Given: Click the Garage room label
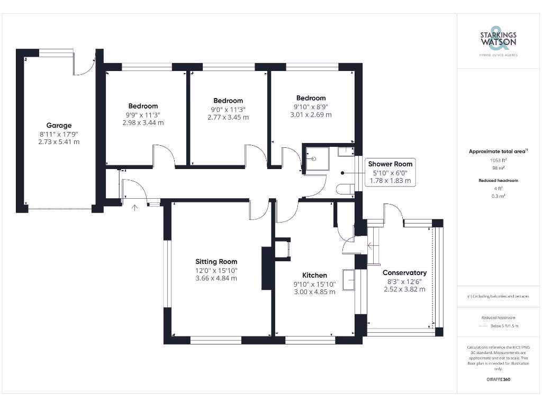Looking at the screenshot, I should click(59, 126).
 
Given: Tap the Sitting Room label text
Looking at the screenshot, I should click(216, 261).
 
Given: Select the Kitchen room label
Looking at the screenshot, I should click(314, 275).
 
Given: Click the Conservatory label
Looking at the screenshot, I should click(404, 272).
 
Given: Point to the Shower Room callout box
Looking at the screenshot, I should click(391, 172).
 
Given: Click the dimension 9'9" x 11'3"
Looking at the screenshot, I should click(142, 114).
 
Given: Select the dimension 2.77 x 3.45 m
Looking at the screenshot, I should click(228, 117).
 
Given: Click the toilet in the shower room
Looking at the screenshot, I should click(345, 188).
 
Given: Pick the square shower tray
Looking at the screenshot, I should click(315, 159).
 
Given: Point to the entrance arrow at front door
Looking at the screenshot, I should click(134, 207).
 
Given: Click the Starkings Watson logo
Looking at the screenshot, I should click(498, 39).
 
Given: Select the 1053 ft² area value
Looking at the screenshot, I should click(498, 160).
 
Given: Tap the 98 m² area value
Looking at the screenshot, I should click(498, 167).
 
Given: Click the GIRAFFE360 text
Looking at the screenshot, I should click(498, 379).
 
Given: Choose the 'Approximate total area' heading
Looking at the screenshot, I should click(498, 152).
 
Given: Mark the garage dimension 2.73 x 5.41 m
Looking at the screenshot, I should click(59, 142).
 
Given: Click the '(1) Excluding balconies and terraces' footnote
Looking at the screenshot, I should click(498, 296).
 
